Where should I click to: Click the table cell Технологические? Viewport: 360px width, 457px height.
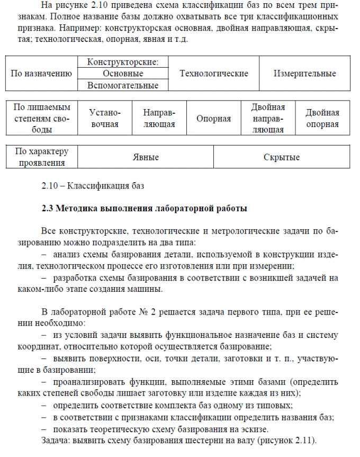[x=214, y=74]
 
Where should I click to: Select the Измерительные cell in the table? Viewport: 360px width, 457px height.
[x=304, y=74]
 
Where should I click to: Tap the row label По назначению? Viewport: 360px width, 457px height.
[x=41, y=74]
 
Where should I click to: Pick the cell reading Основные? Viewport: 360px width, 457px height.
[x=123, y=74]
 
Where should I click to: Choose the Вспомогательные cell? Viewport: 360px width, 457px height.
[x=123, y=85]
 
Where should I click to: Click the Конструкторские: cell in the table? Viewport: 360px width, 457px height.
[x=123, y=62]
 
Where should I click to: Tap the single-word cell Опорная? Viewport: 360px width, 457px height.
[x=213, y=119]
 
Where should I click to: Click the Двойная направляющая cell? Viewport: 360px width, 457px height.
[x=268, y=119]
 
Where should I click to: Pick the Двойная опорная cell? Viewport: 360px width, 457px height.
[x=322, y=119]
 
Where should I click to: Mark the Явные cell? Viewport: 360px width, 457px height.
[x=146, y=157]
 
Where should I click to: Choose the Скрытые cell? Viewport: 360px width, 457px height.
[x=281, y=157]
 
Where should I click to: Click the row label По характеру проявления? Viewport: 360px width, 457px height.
[x=42, y=157]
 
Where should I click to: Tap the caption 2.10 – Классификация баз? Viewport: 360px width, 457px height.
[x=93, y=185]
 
